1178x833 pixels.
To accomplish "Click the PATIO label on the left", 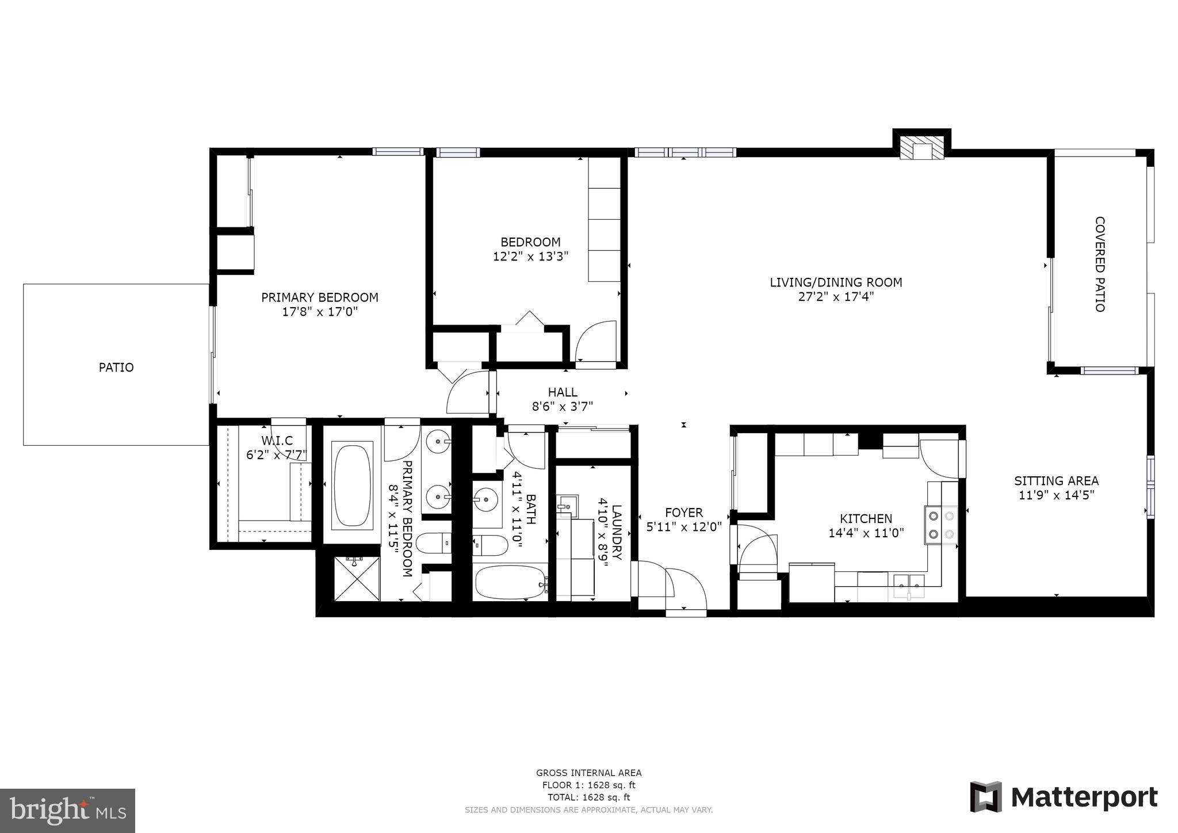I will click(x=116, y=367).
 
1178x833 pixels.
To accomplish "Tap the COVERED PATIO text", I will click(x=1099, y=264).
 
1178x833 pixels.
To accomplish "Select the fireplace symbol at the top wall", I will click(x=922, y=148).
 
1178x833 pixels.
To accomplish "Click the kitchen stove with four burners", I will click(x=940, y=525).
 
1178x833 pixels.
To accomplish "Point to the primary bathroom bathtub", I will click(x=352, y=484).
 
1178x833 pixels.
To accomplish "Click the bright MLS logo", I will click(x=67, y=811).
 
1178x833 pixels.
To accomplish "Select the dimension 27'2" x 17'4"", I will click(x=836, y=297).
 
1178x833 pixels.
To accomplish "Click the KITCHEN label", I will click(x=866, y=518).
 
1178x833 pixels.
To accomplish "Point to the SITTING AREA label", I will click(x=1056, y=480).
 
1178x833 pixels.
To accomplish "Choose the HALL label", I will click(x=562, y=392).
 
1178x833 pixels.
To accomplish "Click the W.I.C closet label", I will click(x=277, y=441).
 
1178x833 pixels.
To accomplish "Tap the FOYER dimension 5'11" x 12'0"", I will click(x=683, y=527).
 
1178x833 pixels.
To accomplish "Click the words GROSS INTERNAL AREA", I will click(x=588, y=773).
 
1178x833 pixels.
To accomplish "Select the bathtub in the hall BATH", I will click(x=510, y=582).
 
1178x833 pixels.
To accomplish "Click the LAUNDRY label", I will click(x=617, y=532).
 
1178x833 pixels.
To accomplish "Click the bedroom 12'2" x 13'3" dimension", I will click(x=530, y=257).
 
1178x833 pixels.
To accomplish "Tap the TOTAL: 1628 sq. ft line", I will click(x=588, y=797).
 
